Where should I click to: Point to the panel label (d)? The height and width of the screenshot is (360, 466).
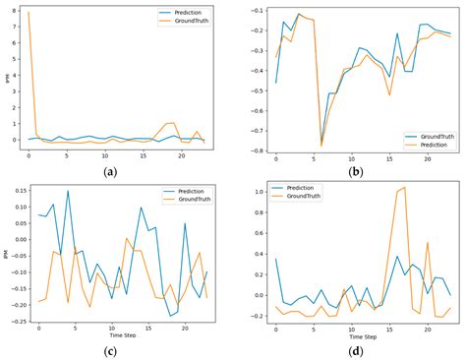(x=357, y=347)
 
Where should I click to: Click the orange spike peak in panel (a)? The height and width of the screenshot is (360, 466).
(x=29, y=13)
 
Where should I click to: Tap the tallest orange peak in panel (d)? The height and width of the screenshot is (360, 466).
(x=404, y=187)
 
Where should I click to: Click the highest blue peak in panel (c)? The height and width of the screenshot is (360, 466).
(x=68, y=191)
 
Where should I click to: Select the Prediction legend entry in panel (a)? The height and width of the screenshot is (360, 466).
(x=183, y=12)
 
